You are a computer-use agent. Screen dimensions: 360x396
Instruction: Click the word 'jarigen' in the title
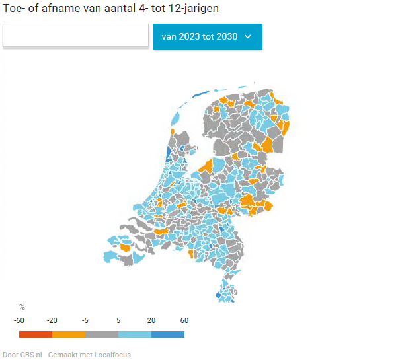point(197,9)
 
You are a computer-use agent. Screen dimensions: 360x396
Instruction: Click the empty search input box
point(75,36)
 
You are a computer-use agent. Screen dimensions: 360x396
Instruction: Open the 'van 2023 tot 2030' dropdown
point(207,37)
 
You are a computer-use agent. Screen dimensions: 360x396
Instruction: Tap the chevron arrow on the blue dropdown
point(248,37)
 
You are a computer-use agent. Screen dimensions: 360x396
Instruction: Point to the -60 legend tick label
point(19,320)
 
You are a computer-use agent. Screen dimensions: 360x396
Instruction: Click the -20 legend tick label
point(52,320)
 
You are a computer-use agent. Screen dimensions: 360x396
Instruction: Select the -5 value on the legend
point(85,320)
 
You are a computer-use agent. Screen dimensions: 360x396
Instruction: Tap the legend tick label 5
point(118,320)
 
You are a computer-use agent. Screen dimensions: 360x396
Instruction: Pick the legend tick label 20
point(151,320)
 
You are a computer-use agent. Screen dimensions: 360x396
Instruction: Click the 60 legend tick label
point(184,320)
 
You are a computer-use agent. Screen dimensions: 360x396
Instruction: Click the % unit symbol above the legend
point(22,307)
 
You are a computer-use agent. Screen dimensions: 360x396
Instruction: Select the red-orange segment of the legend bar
point(36,334)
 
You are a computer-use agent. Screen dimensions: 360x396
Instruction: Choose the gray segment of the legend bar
point(102,334)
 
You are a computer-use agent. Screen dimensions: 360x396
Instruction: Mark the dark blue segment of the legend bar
point(168,334)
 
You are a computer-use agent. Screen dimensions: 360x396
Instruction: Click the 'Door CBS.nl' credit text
point(22,355)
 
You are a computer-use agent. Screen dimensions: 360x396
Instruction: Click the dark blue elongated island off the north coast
point(202,94)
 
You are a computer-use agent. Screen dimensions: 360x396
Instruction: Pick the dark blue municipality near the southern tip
point(219,295)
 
